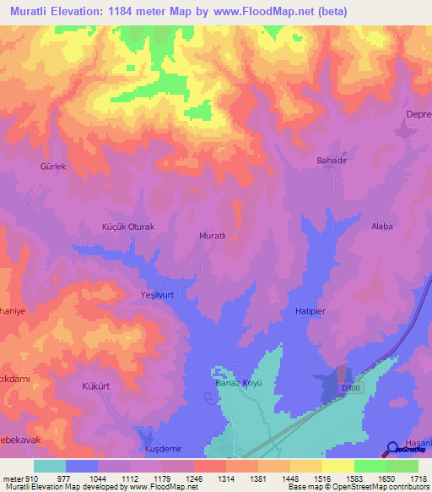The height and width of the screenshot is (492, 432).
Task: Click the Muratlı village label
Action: tap(212, 236)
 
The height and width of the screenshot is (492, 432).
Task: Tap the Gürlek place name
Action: tap(52, 167)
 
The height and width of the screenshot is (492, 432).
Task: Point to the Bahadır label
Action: tap(332, 160)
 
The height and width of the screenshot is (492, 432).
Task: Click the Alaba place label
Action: tap(383, 227)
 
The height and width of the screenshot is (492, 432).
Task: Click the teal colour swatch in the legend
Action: tap(50, 466)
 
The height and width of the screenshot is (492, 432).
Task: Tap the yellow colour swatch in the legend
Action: tap(338, 466)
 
